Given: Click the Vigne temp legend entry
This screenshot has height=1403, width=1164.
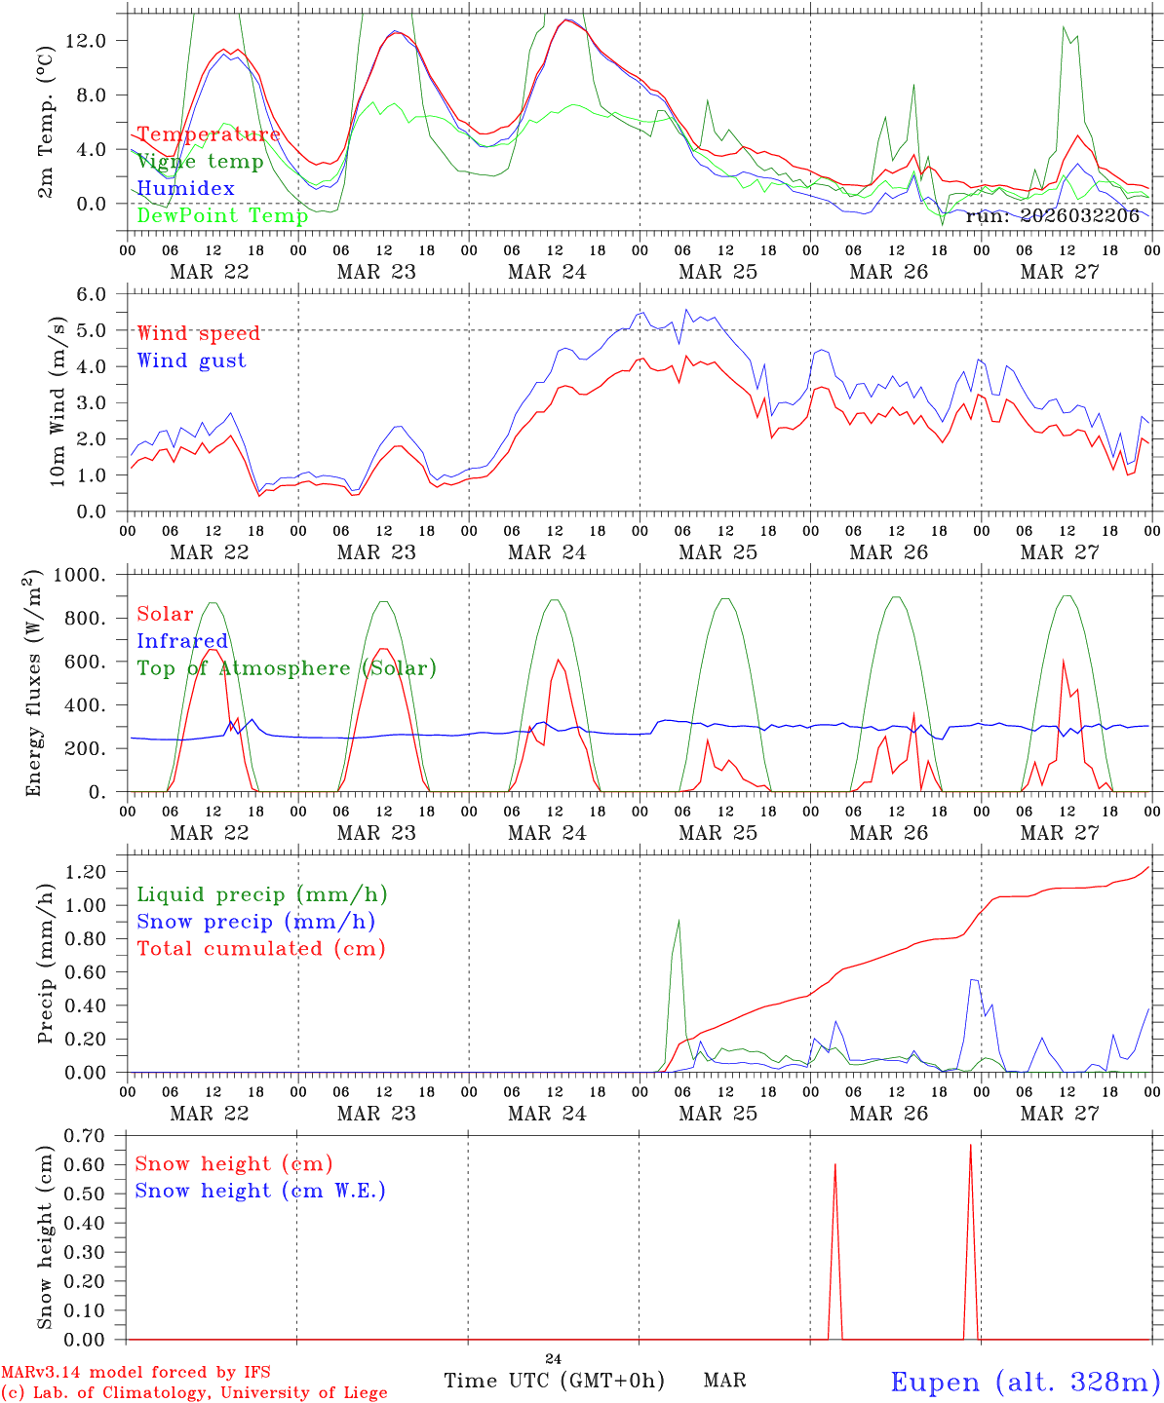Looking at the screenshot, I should (200, 162).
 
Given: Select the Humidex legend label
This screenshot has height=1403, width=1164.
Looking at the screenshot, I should (185, 188).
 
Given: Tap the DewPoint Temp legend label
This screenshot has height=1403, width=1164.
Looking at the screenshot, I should (222, 215).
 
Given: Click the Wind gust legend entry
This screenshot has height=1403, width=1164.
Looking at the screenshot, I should (191, 360).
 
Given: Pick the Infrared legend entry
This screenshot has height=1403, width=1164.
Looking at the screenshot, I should (182, 641).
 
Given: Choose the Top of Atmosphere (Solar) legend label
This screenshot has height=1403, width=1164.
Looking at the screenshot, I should (287, 668).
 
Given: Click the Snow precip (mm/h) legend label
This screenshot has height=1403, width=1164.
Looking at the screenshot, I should (255, 922).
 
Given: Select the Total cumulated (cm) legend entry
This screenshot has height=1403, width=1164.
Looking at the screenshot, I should (260, 948).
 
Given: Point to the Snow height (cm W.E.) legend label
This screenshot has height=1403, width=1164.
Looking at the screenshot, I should (260, 1191).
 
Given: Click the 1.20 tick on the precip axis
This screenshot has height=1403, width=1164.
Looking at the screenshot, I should (96, 872).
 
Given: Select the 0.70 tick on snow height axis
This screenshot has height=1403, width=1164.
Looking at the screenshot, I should (96, 1135).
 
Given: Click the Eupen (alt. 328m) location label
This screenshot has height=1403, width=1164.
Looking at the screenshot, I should (1025, 1382).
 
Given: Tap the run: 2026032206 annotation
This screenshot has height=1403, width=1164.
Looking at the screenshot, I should (1058, 215).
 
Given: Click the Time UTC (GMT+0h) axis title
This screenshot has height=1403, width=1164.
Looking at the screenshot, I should (554, 1381).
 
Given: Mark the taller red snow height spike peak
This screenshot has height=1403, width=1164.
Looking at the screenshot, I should (970, 1145).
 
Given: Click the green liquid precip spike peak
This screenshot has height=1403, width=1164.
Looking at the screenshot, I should (679, 920).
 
